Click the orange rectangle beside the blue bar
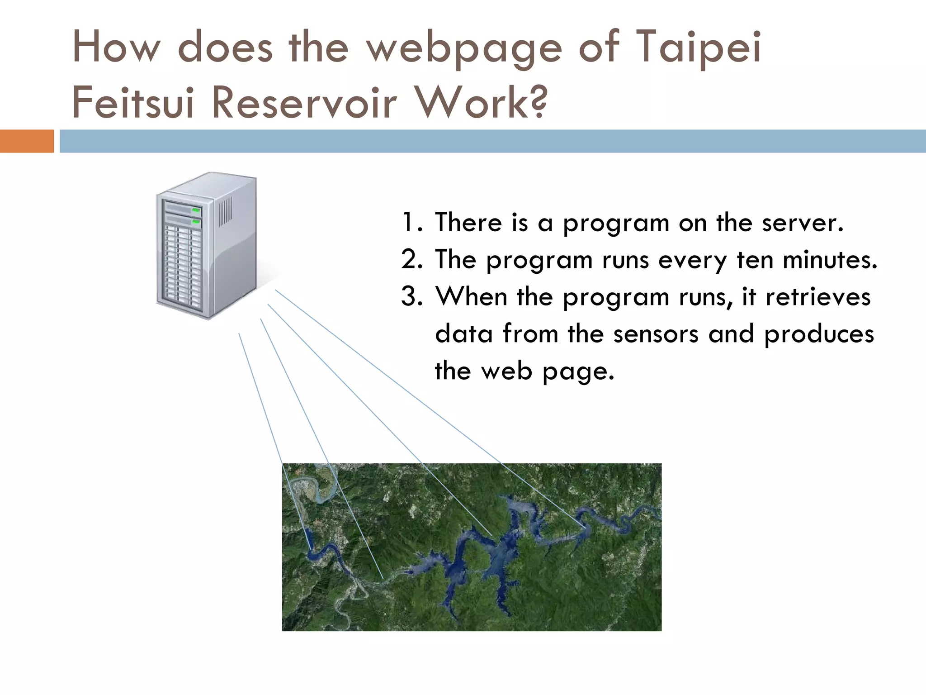(27, 141)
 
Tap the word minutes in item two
(829, 260)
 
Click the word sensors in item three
(656, 334)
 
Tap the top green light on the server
(196, 210)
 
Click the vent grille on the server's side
(226, 211)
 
